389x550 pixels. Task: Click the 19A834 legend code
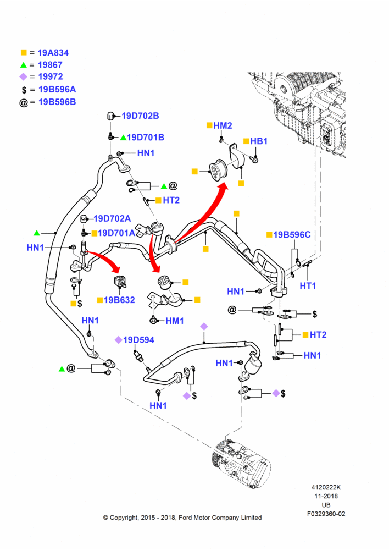53,53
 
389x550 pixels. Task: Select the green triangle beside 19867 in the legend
24,65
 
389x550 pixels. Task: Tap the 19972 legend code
50,76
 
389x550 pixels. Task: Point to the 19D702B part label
140,116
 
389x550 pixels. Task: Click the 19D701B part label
146,137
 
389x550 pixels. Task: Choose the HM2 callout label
223,125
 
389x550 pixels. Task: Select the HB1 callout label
259,141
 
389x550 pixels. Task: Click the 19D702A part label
112,218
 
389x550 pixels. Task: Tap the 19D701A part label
116,233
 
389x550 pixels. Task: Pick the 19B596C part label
292,235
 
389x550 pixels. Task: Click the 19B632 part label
119,300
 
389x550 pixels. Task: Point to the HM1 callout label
175,321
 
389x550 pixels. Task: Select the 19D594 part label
138,340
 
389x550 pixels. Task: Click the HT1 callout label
308,285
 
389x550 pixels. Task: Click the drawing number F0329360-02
326,514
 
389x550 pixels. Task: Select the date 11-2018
326,496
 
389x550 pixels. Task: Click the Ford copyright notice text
182,518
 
